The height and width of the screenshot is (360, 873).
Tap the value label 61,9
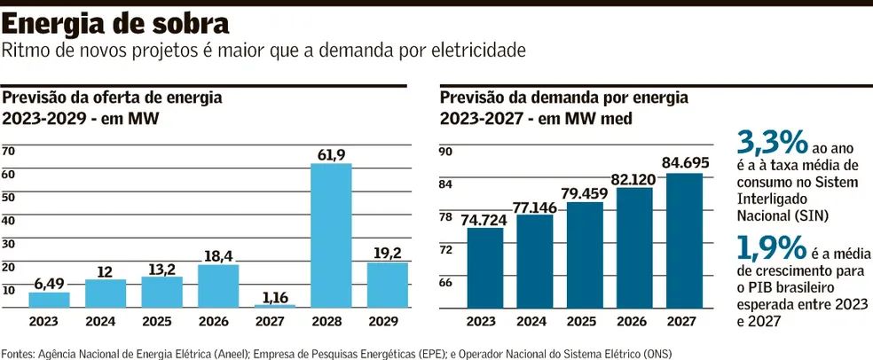(331, 155)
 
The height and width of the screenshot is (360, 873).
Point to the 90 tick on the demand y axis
(446, 153)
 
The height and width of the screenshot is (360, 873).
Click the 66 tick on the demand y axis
(446, 282)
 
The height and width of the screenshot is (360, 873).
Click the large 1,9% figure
(771, 246)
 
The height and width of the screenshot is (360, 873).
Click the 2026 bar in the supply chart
(218, 286)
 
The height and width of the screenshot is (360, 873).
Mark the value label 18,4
(218, 256)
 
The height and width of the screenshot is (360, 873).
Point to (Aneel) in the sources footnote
(216, 352)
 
